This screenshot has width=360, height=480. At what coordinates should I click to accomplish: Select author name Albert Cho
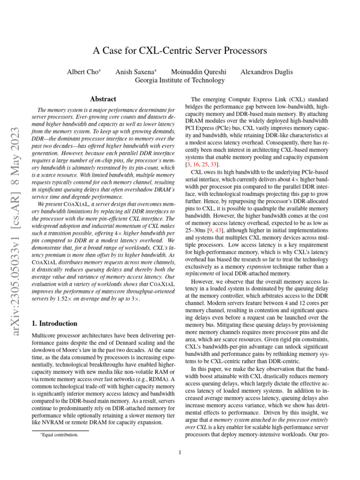(84, 72)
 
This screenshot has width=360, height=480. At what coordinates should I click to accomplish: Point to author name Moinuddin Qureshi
(199, 72)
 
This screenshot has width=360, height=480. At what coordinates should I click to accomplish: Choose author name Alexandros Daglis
(266, 72)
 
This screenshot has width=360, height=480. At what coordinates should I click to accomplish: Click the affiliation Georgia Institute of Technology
(180, 80)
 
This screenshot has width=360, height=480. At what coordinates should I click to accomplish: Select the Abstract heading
(103, 99)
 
